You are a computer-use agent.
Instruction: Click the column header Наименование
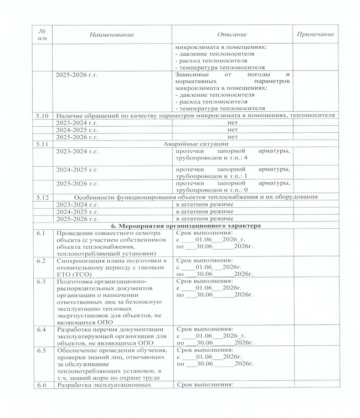pyautogui.click(x=112, y=35)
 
